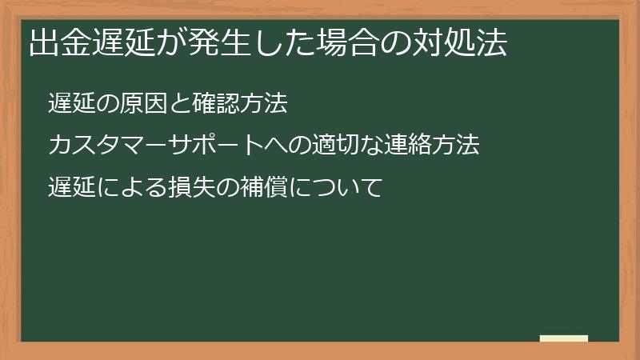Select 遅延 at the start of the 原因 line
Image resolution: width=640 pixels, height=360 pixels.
point(71,104)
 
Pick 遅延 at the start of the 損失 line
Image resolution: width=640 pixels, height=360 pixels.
point(71,189)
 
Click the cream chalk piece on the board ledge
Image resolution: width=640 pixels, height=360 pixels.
point(564,338)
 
